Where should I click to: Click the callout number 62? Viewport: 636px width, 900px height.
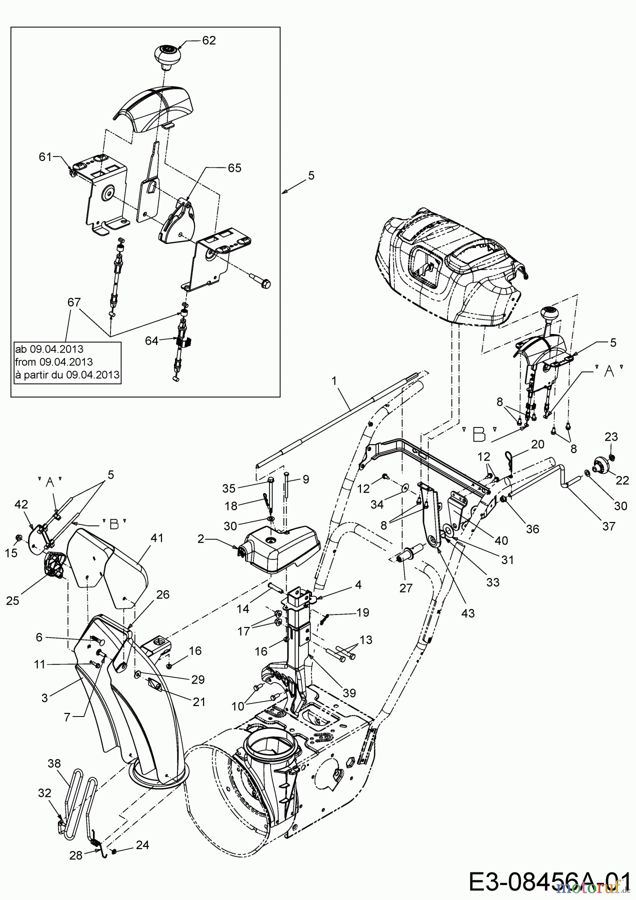(209, 40)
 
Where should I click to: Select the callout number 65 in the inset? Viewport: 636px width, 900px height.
(234, 168)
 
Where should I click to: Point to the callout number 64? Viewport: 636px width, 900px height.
(151, 340)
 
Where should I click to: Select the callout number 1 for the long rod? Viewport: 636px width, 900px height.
(334, 380)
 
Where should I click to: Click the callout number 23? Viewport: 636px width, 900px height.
(611, 437)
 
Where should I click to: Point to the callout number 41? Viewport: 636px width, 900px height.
(157, 538)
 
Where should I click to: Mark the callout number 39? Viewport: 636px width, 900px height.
(349, 692)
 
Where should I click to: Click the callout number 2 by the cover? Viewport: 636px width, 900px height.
(200, 538)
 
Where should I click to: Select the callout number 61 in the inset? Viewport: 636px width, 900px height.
(45, 157)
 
